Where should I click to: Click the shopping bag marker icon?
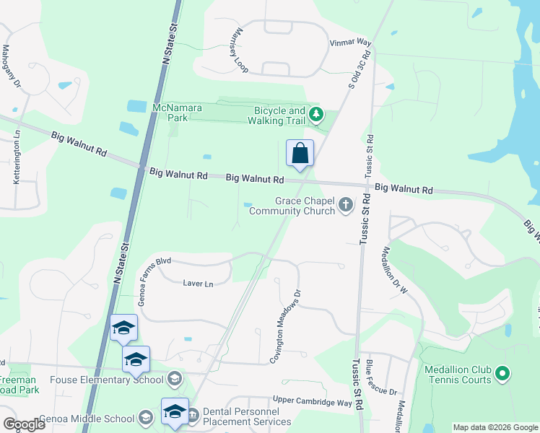(x=300, y=153)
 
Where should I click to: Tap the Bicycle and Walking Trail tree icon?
(x=315, y=114)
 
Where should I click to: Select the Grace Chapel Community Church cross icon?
(x=346, y=206)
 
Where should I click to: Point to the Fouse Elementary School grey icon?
(x=174, y=378)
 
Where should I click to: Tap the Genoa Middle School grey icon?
(x=145, y=418)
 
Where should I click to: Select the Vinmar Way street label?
(x=350, y=43)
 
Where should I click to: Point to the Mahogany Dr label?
(x=12, y=67)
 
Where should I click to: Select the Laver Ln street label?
(x=199, y=284)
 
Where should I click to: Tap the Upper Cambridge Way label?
(x=312, y=401)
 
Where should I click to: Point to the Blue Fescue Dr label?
(x=381, y=377)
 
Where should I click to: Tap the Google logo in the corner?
(x=24, y=424)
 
